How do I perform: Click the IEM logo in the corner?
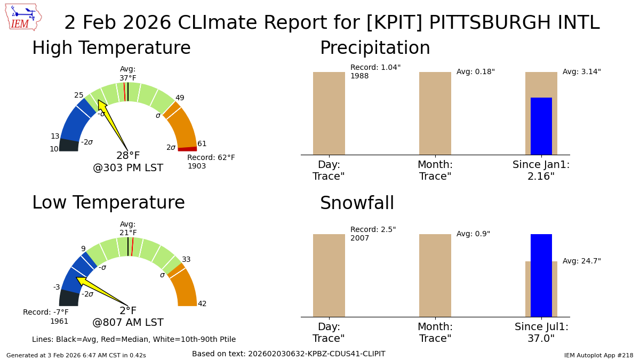23,17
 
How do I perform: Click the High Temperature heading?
111,49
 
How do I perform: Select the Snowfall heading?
357,204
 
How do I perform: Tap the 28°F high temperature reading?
128,156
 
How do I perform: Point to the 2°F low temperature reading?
128,311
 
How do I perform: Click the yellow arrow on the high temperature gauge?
111,122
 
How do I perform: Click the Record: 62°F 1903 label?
211,162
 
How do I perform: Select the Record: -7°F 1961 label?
46,317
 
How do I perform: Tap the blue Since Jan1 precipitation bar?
541,126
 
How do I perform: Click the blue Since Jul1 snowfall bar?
541,275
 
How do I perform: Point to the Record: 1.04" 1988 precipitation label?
375,72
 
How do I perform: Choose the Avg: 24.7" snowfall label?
581,261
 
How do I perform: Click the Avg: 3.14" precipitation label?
581,72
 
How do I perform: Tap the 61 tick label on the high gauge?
202,144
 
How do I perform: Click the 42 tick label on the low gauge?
202,304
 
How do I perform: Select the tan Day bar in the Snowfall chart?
329,275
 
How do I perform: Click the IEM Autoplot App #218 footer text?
598,355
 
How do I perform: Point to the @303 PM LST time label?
128,169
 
